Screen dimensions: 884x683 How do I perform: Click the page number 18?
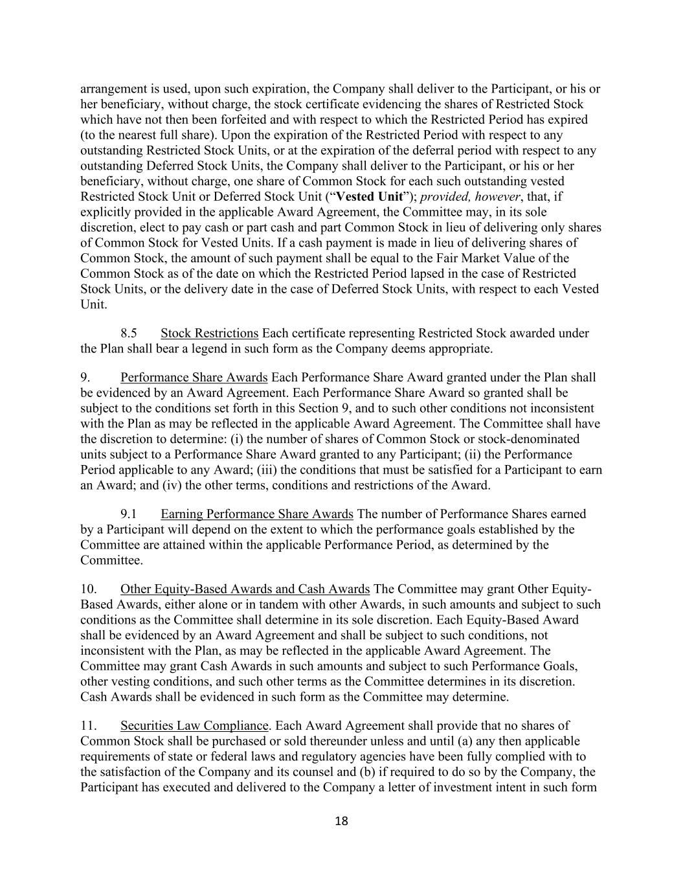click(x=341, y=821)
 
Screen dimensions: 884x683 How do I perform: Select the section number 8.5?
click(x=129, y=334)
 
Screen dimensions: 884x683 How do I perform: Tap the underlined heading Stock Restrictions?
click(x=209, y=334)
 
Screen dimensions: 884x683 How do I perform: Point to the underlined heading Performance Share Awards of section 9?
click(x=194, y=378)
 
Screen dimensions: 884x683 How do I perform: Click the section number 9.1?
click(x=129, y=514)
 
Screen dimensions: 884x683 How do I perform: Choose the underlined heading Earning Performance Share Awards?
click(x=256, y=514)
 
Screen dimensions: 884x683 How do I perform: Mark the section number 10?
click(x=89, y=589)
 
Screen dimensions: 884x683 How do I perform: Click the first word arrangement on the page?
click(x=114, y=89)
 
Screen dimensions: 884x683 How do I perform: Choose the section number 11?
click(x=89, y=726)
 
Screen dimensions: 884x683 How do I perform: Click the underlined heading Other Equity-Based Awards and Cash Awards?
click(x=245, y=589)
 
